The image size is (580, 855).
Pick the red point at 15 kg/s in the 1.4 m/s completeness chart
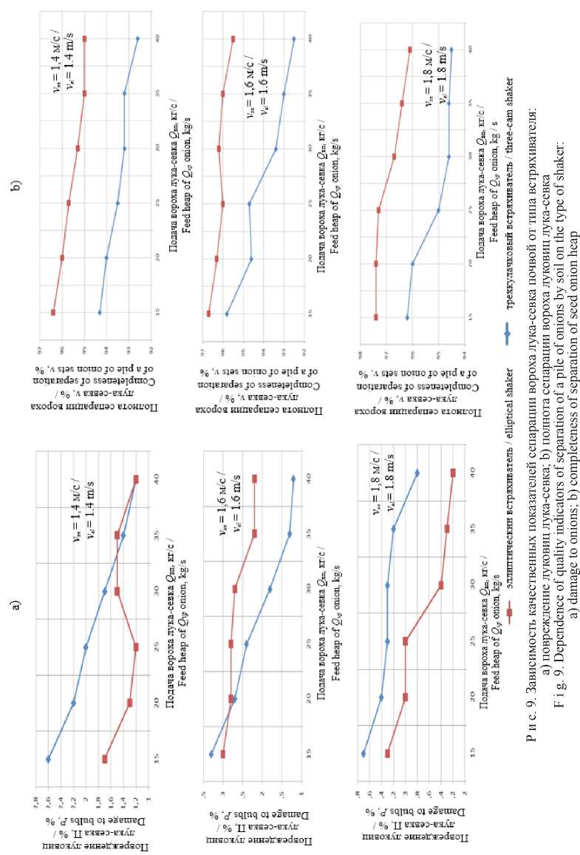53,312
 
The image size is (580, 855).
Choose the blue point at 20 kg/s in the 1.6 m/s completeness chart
252,259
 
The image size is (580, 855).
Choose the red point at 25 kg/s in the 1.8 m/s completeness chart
379,210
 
